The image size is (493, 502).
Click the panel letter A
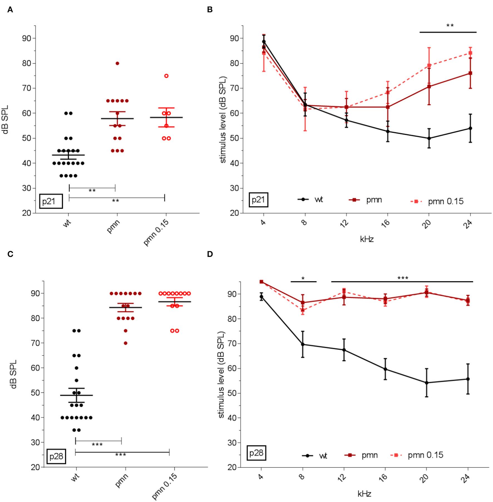pos(10,10)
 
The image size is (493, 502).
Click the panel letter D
pos(210,254)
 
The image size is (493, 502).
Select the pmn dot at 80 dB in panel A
pos(117,64)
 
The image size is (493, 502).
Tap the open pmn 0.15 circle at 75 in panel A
pos(166,76)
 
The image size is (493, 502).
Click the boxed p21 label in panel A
pos(51,201)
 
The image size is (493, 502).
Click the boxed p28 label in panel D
pos(256,453)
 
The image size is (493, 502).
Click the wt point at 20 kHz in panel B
pos(429,138)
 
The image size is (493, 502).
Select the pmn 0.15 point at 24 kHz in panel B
pos(470,53)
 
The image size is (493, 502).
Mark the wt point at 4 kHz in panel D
pos(261,297)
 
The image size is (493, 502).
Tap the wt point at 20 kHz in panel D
pos(426,383)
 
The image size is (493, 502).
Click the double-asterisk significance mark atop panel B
pos(450,26)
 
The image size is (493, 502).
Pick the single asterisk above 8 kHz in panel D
pos(303,278)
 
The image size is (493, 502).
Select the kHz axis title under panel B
pos(367,239)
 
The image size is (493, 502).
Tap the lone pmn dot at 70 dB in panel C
pos(125,343)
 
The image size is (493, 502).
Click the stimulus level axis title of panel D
pos(221,375)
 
